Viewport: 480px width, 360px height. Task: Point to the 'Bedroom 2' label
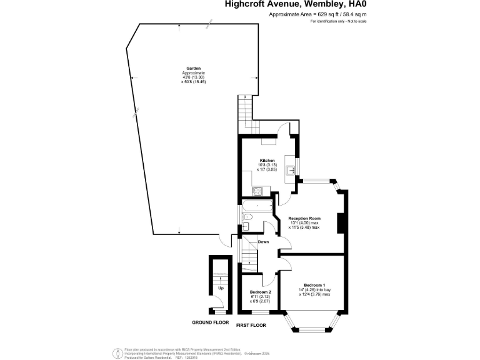tap(260, 292)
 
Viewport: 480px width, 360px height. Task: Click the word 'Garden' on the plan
tap(193, 68)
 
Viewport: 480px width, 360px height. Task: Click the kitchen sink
tap(291, 169)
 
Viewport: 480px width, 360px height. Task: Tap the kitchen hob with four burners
tap(256, 190)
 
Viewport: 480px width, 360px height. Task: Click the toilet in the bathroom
tap(246, 226)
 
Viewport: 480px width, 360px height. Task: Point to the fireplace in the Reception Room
tap(341, 222)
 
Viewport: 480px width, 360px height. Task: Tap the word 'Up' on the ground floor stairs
tap(221, 288)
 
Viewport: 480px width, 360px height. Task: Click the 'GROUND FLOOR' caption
tap(210, 322)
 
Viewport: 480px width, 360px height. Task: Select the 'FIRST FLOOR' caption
tap(251, 326)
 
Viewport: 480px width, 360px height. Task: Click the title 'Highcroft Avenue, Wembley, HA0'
tap(296, 4)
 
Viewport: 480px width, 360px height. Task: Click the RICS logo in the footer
tap(116, 353)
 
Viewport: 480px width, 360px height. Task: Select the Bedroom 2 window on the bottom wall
tap(259, 311)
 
